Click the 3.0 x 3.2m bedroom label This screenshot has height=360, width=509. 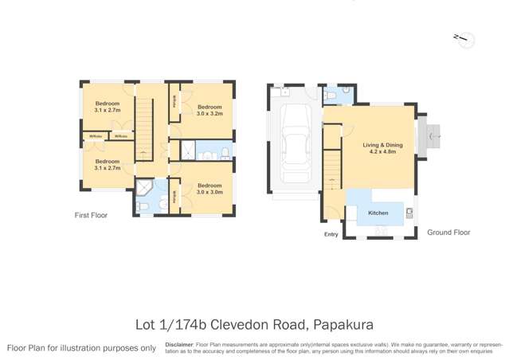pos(209,111)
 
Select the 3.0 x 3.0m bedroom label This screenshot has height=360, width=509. pos(209,189)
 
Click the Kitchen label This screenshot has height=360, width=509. pos(378,213)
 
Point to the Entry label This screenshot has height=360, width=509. pos(331,234)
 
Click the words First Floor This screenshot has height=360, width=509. pos(91,215)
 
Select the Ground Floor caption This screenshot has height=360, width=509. pos(448,233)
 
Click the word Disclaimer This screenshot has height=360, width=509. pos(179,343)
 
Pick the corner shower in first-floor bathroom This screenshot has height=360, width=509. pos(143,188)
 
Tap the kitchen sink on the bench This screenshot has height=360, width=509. pos(409,213)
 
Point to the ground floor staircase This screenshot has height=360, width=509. pos(332,175)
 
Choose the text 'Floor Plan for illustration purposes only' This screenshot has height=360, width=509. pos(82,348)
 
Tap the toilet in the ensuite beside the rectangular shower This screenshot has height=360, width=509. pos(225,151)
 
